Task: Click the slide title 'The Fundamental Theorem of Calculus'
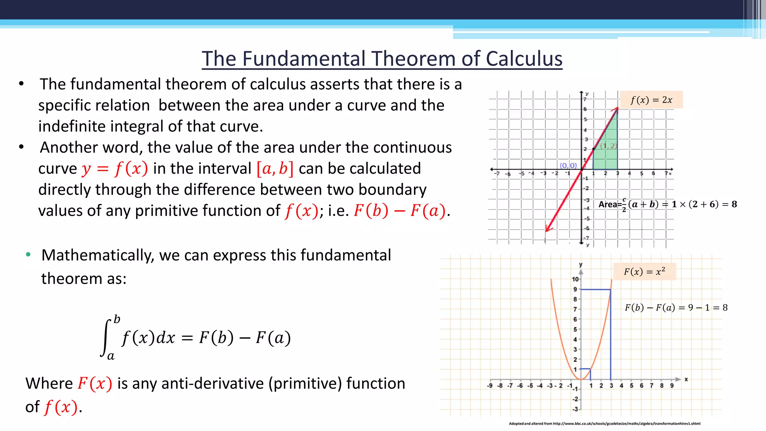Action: click(382, 59)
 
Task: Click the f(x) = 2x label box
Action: click(651, 100)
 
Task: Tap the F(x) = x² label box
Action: click(644, 271)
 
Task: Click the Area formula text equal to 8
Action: click(667, 204)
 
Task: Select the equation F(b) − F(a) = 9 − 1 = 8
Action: click(676, 308)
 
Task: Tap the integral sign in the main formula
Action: click(106, 338)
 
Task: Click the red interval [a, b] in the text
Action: click(275, 169)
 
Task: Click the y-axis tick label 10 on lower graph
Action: click(575, 279)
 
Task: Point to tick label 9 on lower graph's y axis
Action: click(575, 289)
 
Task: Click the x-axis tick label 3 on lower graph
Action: click(611, 386)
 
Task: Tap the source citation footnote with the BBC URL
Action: click(604, 424)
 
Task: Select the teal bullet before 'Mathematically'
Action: click(28, 255)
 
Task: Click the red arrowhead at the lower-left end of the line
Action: click(547, 229)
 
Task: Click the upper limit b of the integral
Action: click(117, 319)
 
